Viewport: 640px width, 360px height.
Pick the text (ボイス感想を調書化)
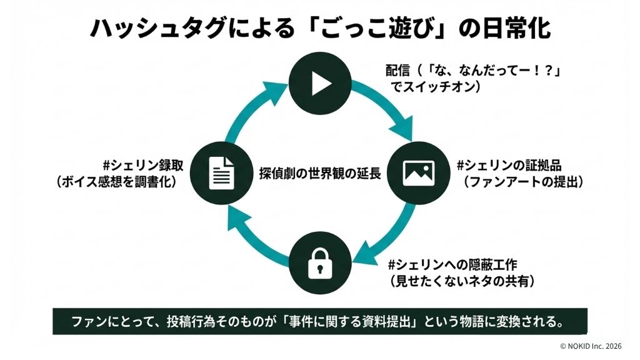click(117, 182)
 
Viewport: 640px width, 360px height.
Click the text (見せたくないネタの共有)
click(463, 281)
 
